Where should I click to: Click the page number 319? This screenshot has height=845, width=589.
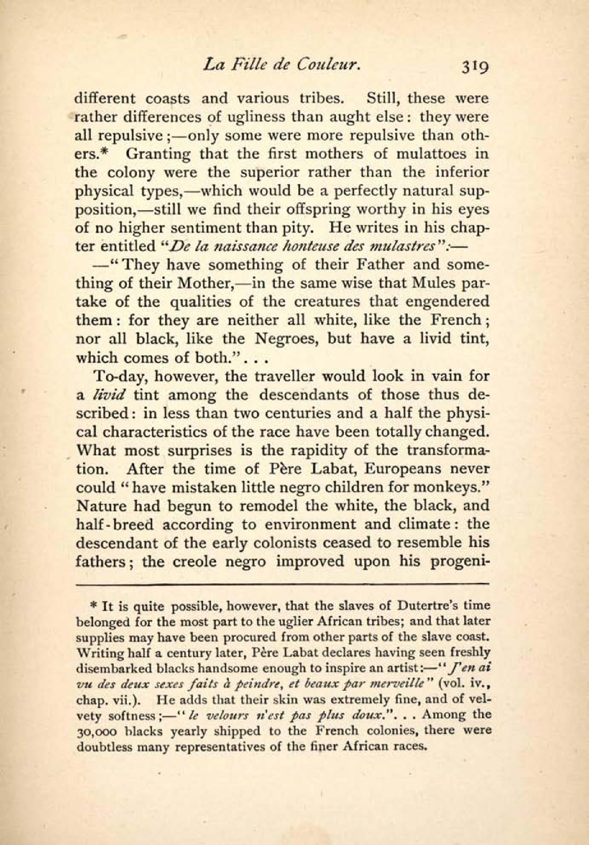tap(472, 67)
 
